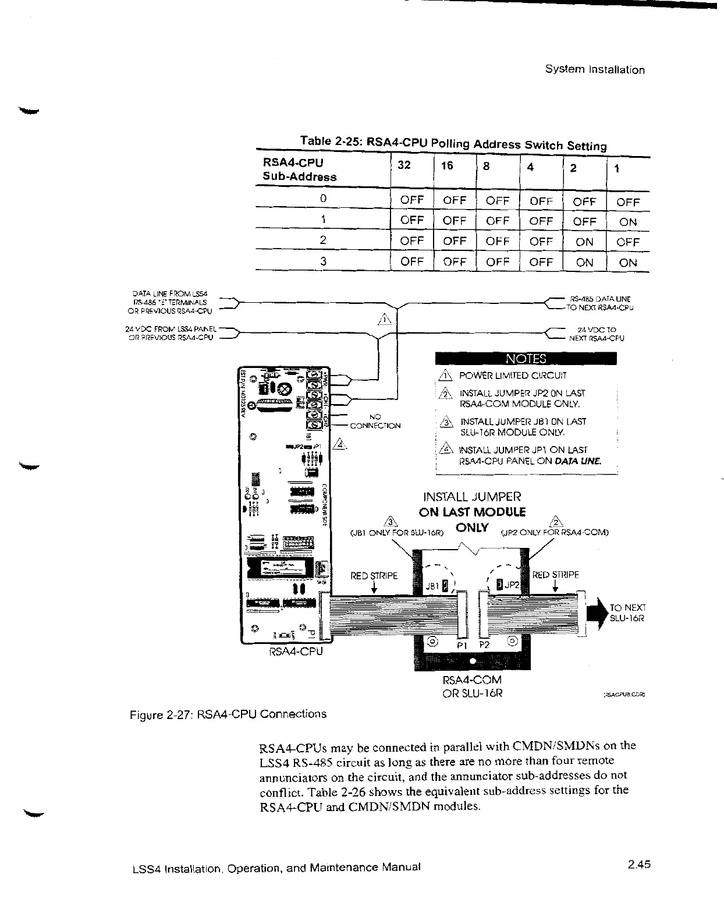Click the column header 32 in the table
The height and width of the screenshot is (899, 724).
point(404,165)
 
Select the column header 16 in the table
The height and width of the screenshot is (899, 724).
point(447,166)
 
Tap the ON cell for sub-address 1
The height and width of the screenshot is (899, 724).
point(628,222)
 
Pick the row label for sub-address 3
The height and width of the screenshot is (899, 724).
point(323,261)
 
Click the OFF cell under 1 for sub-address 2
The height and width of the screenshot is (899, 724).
point(628,242)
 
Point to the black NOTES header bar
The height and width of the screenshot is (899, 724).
point(526,358)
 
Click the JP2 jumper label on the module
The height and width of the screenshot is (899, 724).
point(512,585)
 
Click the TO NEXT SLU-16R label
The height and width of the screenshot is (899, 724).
point(627,613)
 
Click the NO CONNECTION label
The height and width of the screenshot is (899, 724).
point(375,421)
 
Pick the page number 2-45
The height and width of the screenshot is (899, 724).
point(638,864)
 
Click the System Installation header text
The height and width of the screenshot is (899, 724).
point(595,70)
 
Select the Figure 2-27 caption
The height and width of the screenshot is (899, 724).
point(228,714)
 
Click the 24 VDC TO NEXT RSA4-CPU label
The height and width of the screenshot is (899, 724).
point(597,334)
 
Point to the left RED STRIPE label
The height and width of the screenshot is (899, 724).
point(374,576)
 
